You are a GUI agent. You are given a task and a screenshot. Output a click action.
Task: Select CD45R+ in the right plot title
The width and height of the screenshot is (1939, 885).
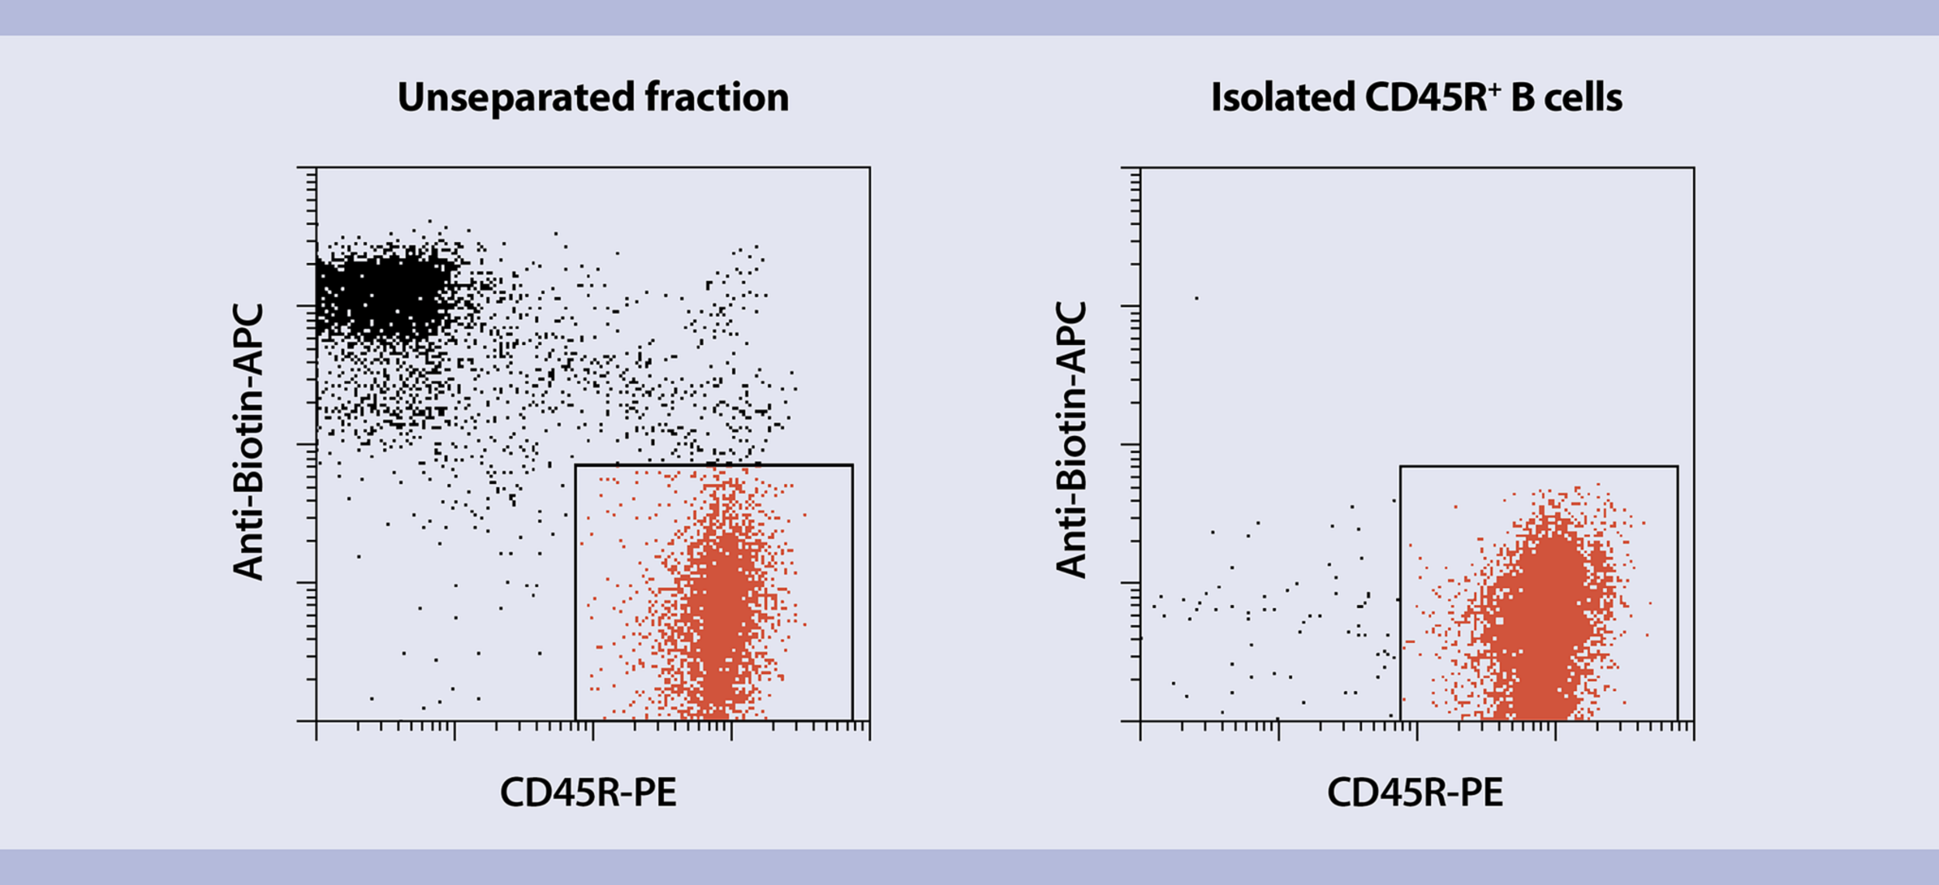click(x=1432, y=99)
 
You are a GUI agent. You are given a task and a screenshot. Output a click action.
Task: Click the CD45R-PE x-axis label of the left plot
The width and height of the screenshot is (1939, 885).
click(x=588, y=793)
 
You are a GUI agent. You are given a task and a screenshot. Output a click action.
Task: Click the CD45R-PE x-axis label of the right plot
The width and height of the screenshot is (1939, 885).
click(x=1415, y=793)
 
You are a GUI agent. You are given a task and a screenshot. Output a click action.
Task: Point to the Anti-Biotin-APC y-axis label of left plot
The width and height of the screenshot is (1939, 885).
click(x=249, y=442)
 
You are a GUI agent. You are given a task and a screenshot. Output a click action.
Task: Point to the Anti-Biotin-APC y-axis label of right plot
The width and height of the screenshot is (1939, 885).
click(x=1072, y=441)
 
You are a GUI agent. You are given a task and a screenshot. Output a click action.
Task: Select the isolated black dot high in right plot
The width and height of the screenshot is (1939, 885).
click(x=1197, y=298)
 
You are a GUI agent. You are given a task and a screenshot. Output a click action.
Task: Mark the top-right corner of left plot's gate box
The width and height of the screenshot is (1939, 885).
click(x=852, y=465)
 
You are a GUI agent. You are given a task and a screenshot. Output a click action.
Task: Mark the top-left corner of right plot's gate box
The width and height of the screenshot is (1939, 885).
click(x=1401, y=467)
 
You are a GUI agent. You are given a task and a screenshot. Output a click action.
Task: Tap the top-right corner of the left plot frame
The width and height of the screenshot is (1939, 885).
click(x=869, y=168)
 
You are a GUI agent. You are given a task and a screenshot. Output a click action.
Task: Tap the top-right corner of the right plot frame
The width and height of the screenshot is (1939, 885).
click(x=1694, y=168)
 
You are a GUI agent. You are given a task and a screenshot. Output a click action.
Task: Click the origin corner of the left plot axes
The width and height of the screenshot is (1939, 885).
click(x=316, y=721)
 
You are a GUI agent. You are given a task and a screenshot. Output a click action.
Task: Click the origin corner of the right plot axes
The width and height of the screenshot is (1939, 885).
click(x=1141, y=721)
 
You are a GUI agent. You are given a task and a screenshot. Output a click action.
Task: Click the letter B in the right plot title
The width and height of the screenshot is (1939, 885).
click(x=1523, y=99)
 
